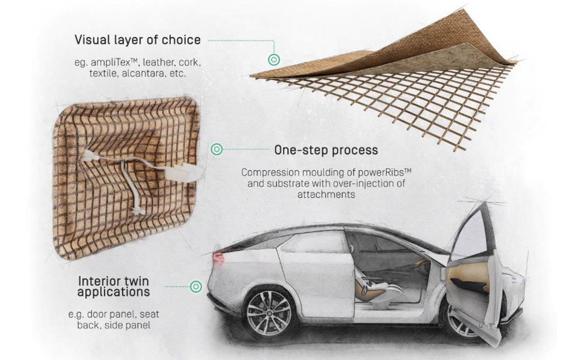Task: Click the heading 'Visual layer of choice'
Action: tap(138, 40)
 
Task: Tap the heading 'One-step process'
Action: tap(325, 150)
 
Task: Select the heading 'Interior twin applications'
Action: tap(114, 286)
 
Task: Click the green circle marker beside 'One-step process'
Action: tap(216, 150)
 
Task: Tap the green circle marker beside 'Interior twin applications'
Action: tap(196, 286)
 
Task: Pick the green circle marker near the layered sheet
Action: tap(273, 60)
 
